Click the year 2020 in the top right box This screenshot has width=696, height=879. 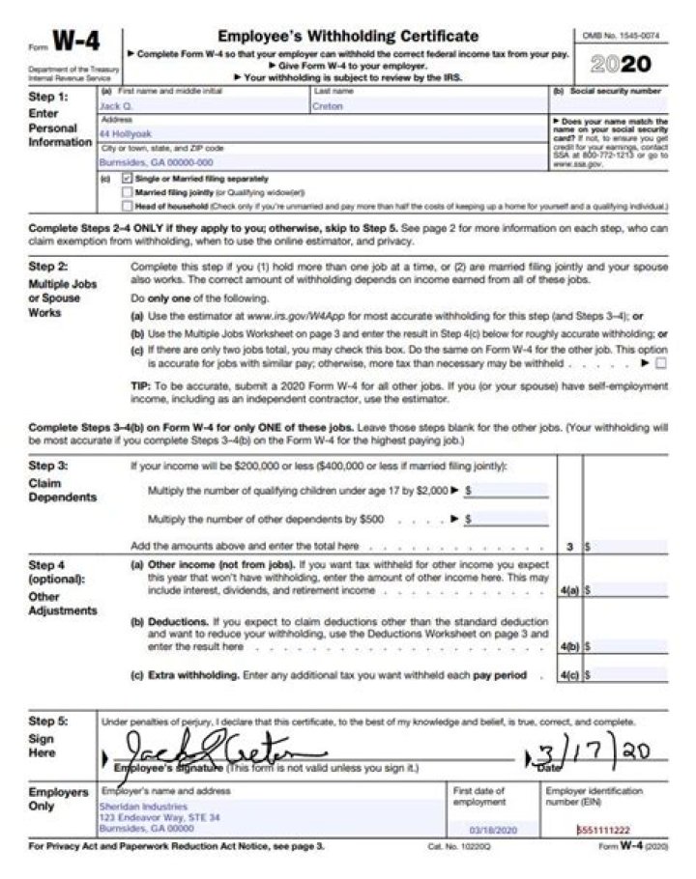(x=621, y=65)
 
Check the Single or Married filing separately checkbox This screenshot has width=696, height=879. (x=128, y=179)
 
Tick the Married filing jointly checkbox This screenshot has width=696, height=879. (x=128, y=192)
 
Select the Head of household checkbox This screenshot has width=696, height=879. (x=128, y=206)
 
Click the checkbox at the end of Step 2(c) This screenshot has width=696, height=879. (x=661, y=364)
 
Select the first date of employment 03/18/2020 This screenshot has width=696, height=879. (x=492, y=830)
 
